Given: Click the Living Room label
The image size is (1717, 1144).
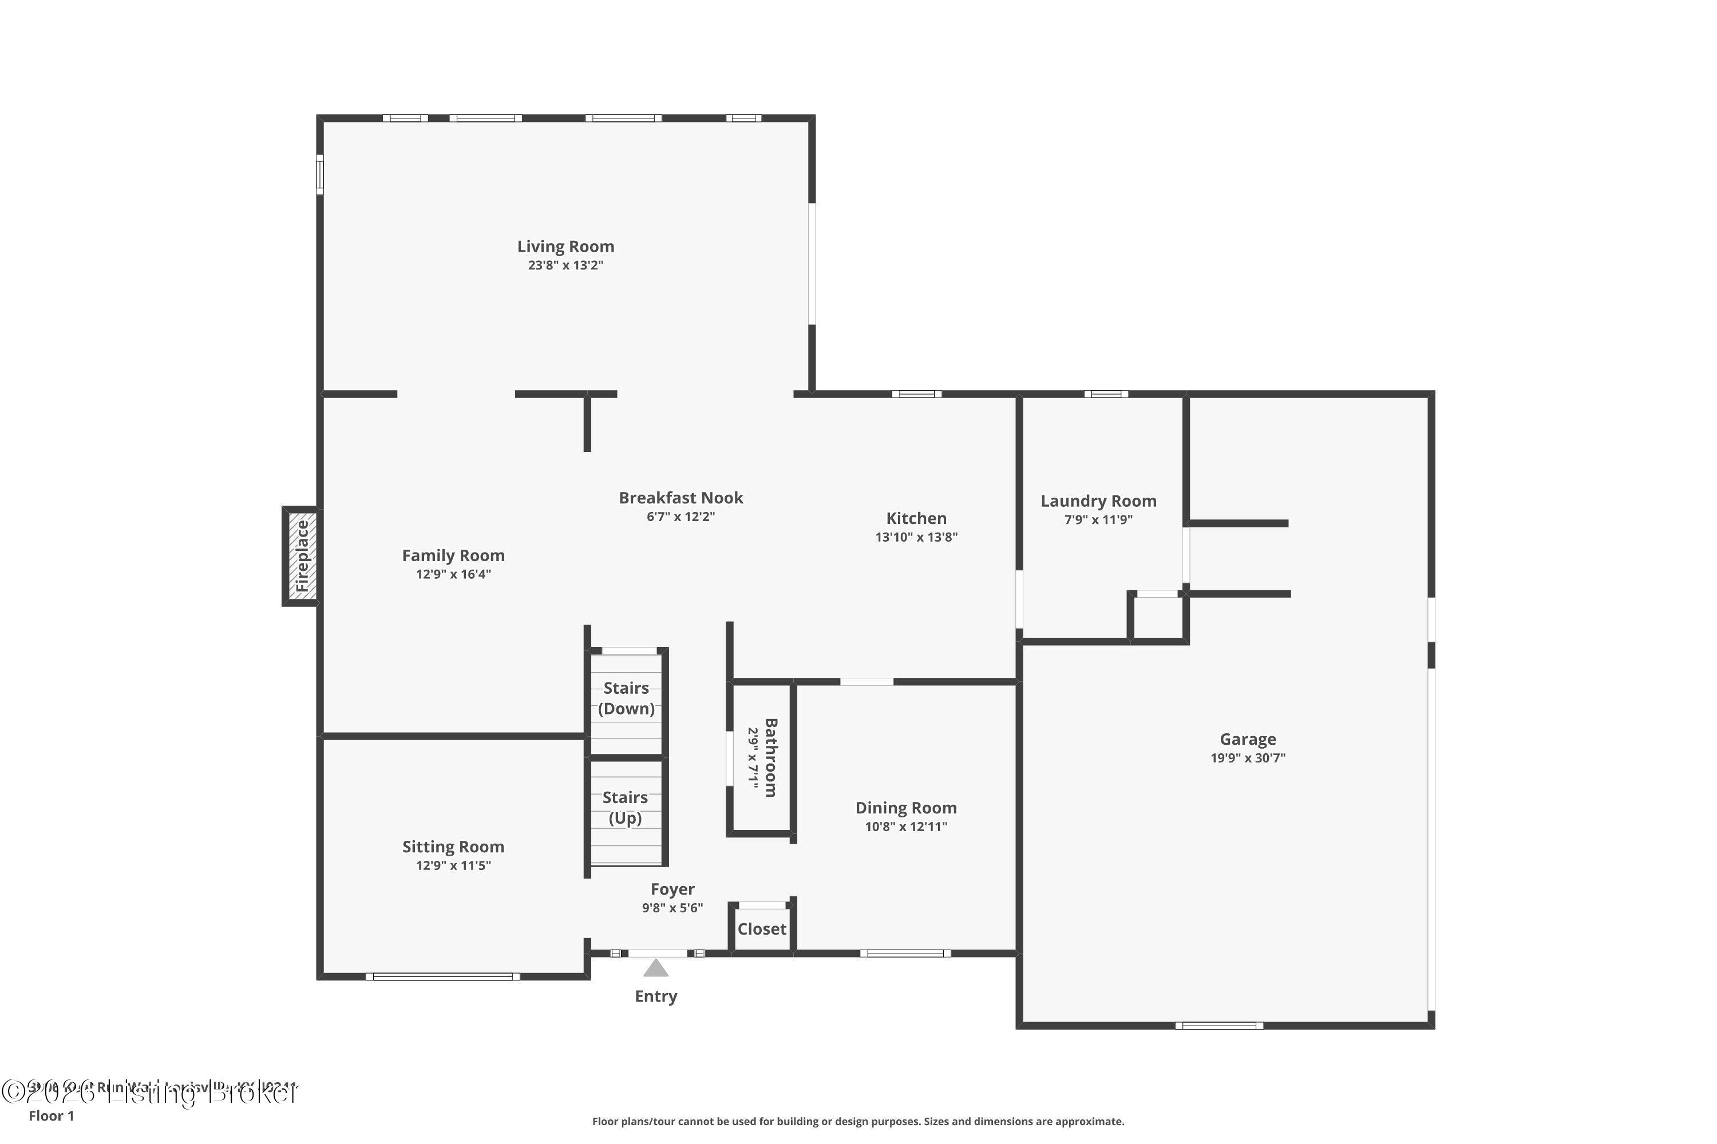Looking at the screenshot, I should [x=566, y=247].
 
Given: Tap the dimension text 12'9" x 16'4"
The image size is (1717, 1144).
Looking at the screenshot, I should [x=453, y=574].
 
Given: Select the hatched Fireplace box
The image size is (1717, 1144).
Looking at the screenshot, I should [x=302, y=556].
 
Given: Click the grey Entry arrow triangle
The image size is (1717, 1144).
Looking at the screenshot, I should [x=655, y=968].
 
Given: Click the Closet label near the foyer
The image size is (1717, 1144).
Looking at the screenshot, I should [x=761, y=929].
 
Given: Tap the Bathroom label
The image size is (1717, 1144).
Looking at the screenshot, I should [x=771, y=757].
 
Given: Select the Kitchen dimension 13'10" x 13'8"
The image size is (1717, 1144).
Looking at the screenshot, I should [x=916, y=537].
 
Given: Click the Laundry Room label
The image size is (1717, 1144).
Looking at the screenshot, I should [x=1098, y=501].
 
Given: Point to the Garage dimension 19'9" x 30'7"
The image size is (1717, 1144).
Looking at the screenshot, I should [x=1248, y=758].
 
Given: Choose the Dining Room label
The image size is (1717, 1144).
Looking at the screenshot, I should [x=906, y=808].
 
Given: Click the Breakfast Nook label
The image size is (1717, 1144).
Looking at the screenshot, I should [x=681, y=498].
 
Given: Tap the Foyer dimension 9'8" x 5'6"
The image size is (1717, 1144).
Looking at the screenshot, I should [x=672, y=908].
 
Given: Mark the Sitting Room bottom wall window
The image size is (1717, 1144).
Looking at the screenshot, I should [x=442, y=976].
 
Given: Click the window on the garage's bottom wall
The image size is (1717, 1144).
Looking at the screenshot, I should [x=1219, y=1025].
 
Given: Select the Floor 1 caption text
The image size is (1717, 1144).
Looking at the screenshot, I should [x=51, y=1115].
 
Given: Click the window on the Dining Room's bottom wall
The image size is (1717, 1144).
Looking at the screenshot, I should [x=905, y=953].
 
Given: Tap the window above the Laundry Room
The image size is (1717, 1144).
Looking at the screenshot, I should [x=1105, y=394].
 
